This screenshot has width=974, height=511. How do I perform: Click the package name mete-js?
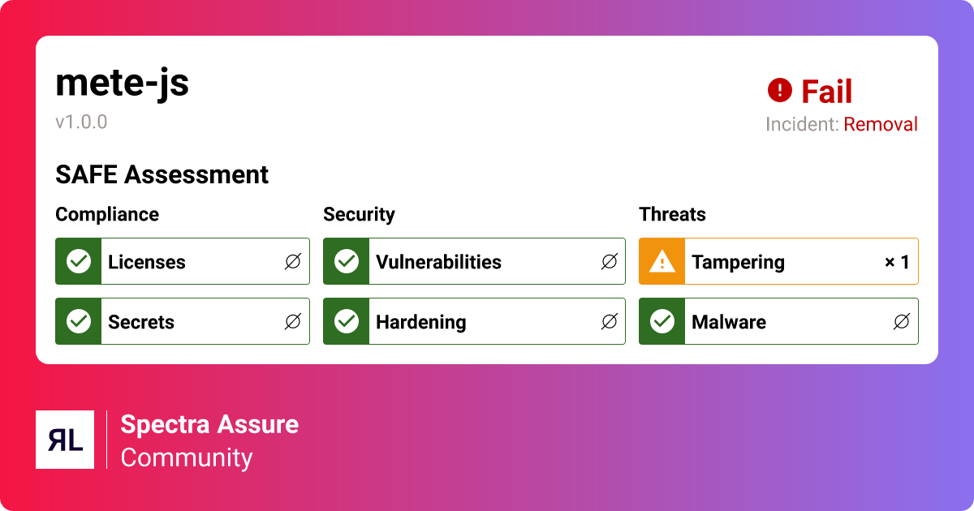pyautogui.click(x=122, y=83)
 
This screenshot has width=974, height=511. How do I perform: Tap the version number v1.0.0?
pyautogui.click(x=81, y=122)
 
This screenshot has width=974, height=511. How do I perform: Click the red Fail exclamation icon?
pyautogui.click(x=779, y=90)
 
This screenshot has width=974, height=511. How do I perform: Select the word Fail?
pyautogui.click(x=827, y=92)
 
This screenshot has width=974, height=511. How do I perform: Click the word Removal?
pyautogui.click(x=881, y=125)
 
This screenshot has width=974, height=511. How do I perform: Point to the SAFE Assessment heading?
pyautogui.click(x=162, y=174)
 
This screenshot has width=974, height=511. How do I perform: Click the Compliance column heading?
pyautogui.click(x=107, y=214)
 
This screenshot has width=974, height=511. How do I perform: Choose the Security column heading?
pyautogui.click(x=359, y=214)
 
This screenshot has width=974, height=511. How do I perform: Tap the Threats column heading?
pyautogui.click(x=672, y=214)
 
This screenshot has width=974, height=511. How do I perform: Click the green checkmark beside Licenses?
pyautogui.click(x=79, y=261)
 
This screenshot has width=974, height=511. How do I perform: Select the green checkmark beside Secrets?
pyautogui.click(x=79, y=321)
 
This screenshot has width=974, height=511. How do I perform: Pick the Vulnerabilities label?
pyautogui.click(x=438, y=262)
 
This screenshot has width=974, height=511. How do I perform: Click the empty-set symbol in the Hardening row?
pyautogui.click(x=609, y=322)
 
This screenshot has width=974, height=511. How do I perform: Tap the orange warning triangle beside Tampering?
pyautogui.click(x=662, y=261)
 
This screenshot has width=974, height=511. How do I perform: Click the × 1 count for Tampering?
pyautogui.click(x=897, y=262)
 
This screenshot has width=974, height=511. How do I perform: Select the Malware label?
pyautogui.click(x=729, y=322)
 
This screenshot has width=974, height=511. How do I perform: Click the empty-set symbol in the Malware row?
pyautogui.click(x=901, y=322)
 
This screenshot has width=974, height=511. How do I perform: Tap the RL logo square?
pyautogui.click(x=65, y=440)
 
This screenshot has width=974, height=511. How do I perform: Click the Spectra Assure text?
pyautogui.click(x=209, y=424)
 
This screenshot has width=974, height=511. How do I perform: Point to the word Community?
pyautogui.click(x=187, y=457)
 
